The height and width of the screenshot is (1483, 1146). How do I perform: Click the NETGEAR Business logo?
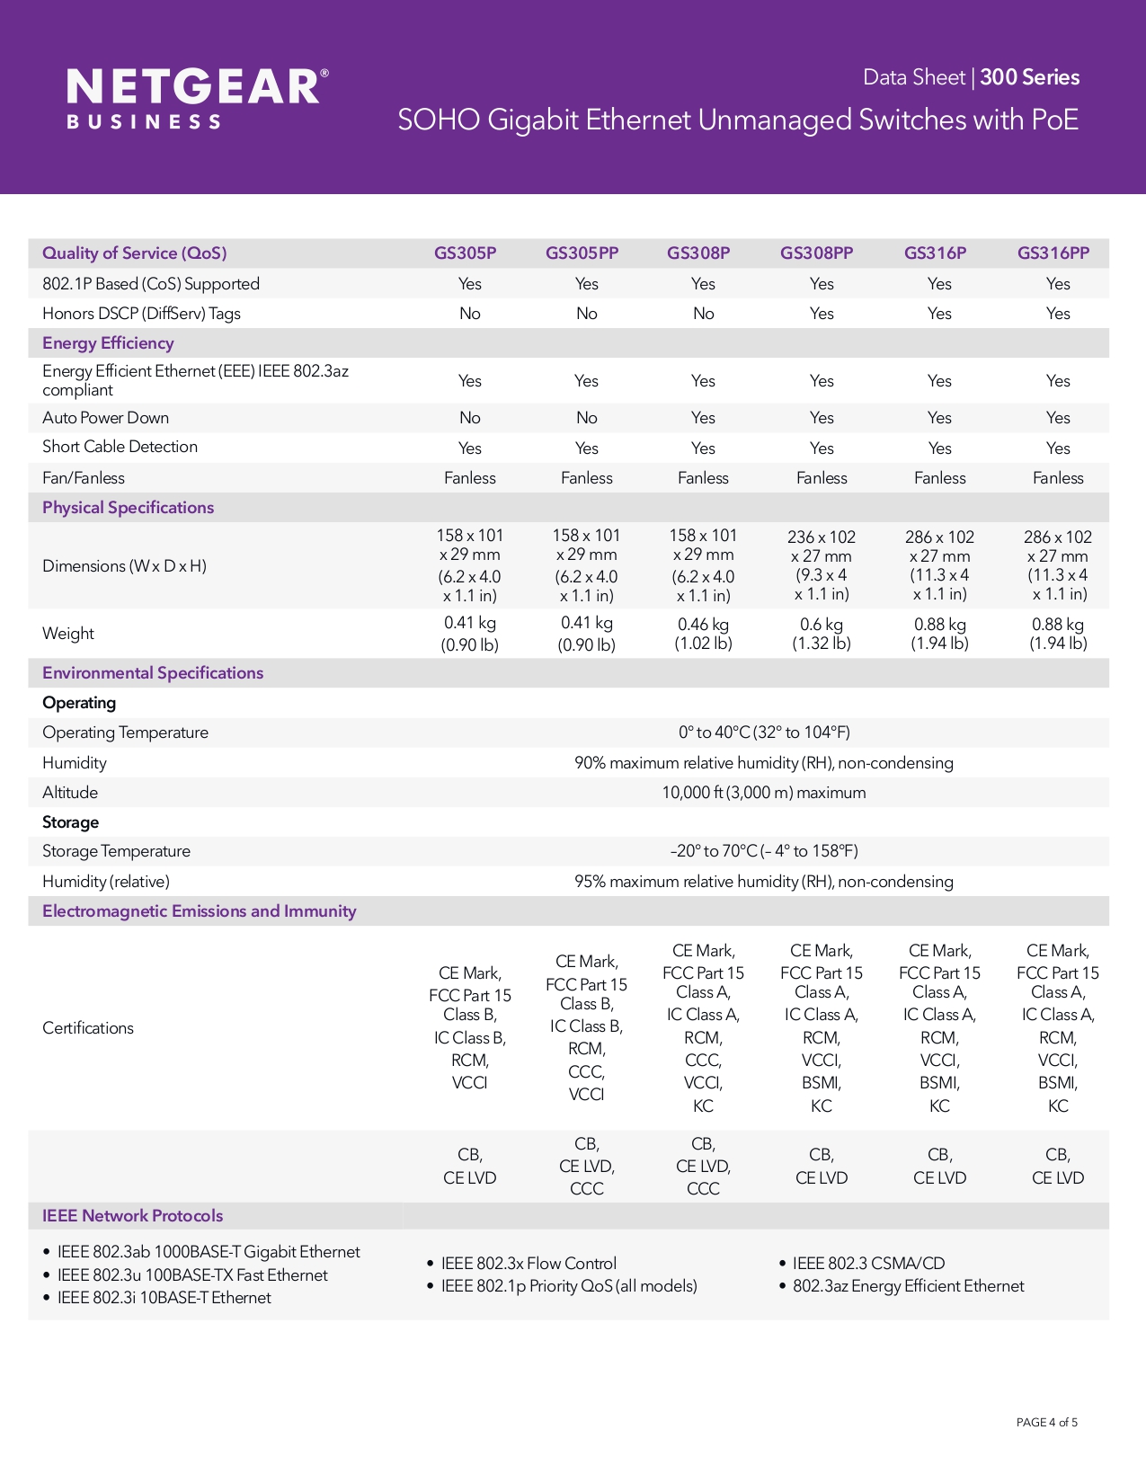(x=197, y=97)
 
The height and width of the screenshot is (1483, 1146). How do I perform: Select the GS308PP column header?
(x=816, y=253)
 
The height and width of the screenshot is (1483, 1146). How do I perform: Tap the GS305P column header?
(x=465, y=253)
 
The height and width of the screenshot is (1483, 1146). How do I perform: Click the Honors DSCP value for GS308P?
(x=703, y=314)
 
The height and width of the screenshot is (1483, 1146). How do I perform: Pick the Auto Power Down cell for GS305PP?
(x=586, y=418)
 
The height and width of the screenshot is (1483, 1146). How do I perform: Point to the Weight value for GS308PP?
(x=821, y=634)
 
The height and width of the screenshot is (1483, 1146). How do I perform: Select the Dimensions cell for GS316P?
(x=939, y=565)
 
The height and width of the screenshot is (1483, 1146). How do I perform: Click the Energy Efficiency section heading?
(x=108, y=343)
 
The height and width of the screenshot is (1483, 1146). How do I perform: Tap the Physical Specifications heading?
(x=128, y=508)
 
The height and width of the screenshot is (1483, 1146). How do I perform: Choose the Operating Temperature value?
(x=764, y=733)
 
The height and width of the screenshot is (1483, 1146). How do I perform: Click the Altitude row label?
(x=70, y=793)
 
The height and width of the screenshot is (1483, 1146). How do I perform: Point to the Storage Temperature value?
(x=764, y=851)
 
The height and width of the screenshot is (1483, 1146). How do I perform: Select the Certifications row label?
(x=88, y=1028)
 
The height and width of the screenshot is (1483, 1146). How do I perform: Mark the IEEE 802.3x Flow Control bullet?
(x=529, y=1264)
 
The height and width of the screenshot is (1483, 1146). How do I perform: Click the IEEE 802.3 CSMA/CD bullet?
(x=868, y=1264)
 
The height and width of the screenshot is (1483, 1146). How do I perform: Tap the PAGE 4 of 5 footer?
(x=1046, y=1422)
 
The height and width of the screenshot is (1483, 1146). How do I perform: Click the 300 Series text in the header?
(x=1029, y=77)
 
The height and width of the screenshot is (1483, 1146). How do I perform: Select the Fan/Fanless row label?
(x=84, y=478)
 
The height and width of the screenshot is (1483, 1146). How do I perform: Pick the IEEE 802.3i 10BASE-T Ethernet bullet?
(x=164, y=1298)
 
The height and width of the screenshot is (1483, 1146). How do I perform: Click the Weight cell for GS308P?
(x=703, y=634)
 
